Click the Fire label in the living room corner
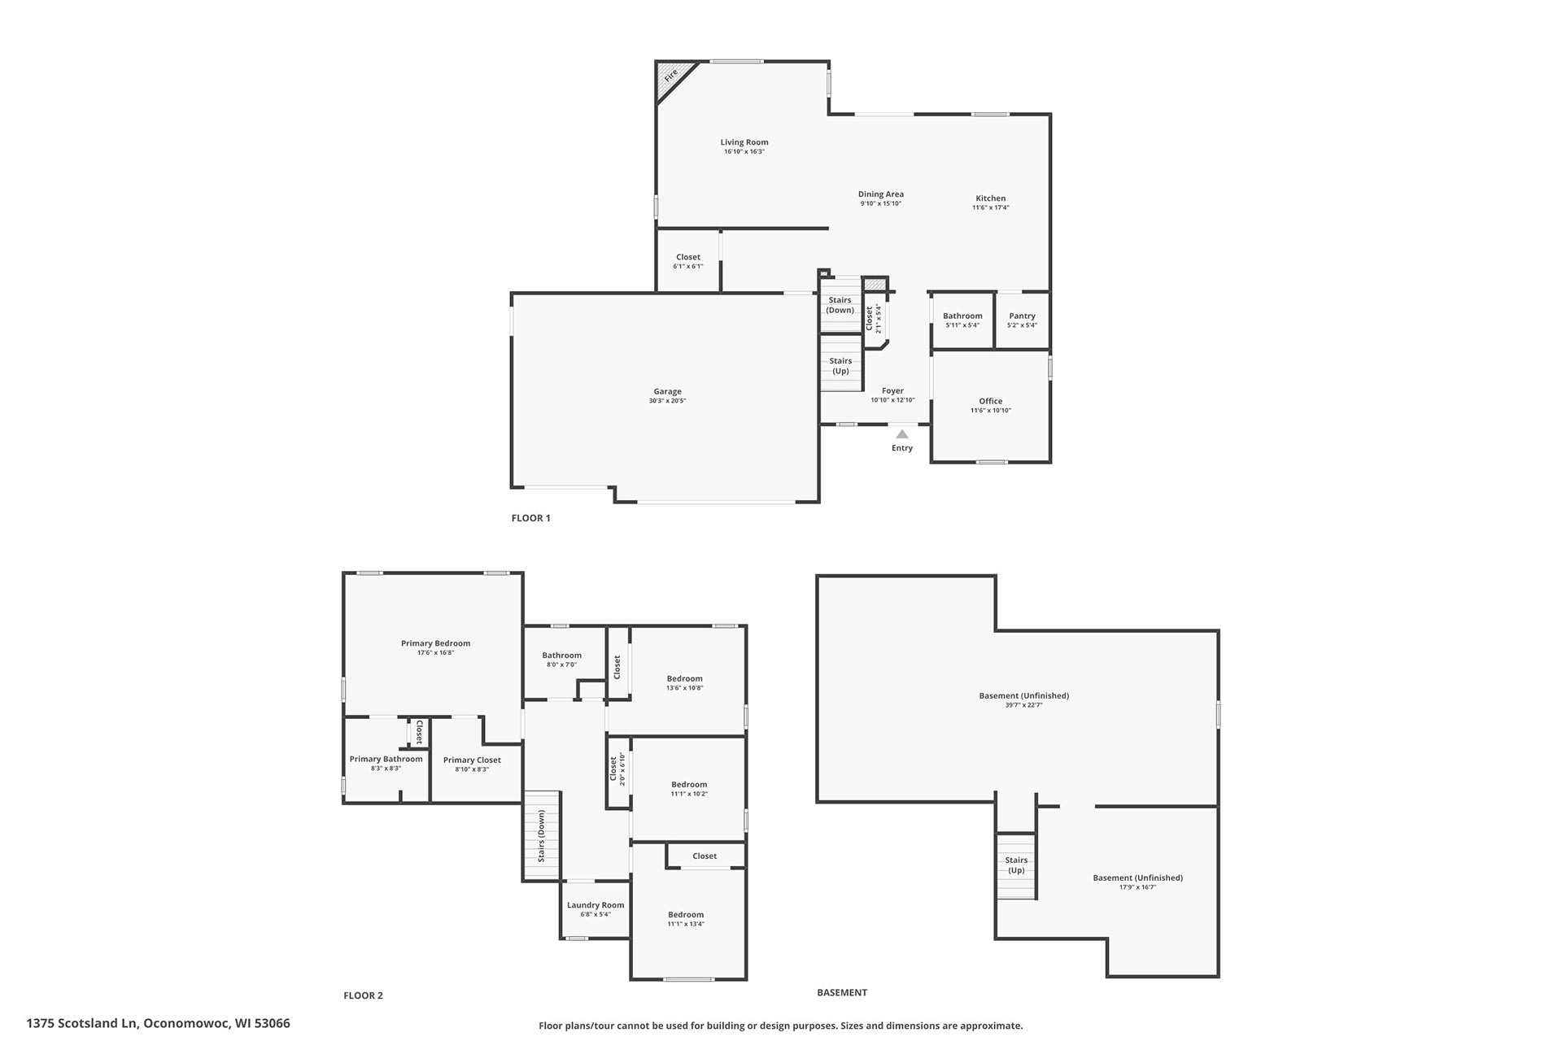pyautogui.click(x=672, y=76)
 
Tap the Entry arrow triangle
pyautogui.click(x=902, y=434)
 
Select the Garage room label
pyautogui.click(x=668, y=391)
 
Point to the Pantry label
pyautogui.click(x=1023, y=316)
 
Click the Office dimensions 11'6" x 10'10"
pyautogui.click(x=991, y=411)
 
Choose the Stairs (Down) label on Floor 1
pyautogui.click(x=840, y=305)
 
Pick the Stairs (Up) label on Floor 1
pyautogui.click(x=840, y=366)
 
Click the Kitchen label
pyautogui.click(x=991, y=198)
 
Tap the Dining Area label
pyautogui.click(x=881, y=194)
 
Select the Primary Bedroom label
pyautogui.click(x=436, y=643)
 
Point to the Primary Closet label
pyautogui.click(x=472, y=760)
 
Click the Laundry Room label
pyautogui.click(x=596, y=904)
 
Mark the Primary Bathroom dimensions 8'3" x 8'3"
pyautogui.click(x=386, y=769)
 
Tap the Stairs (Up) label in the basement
pyautogui.click(x=1016, y=865)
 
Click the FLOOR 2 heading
pyautogui.click(x=363, y=995)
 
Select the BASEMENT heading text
pyautogui.click(x=842, y=992)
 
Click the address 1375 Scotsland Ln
pyautogui.click(x=82, y=1023)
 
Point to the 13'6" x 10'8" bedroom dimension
pyautogui.click(x=685, y=688)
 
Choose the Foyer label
pyautogui.click(x=892, y=390)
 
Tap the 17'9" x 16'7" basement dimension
pyautogui.click(x=1138, y=887)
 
